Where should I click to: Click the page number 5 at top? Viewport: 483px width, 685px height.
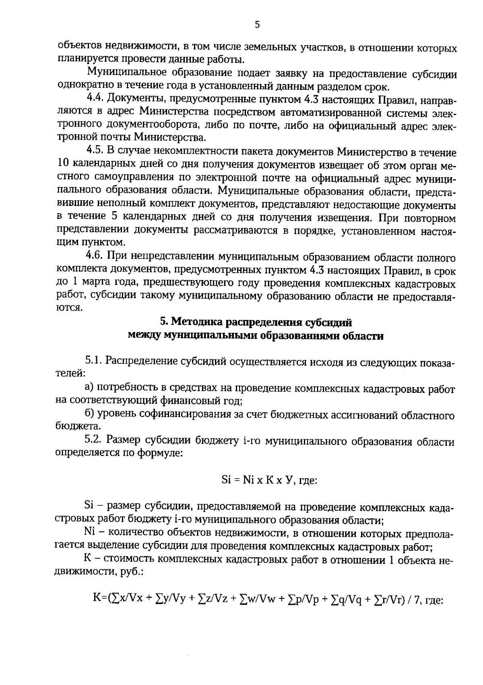point(257,25)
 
